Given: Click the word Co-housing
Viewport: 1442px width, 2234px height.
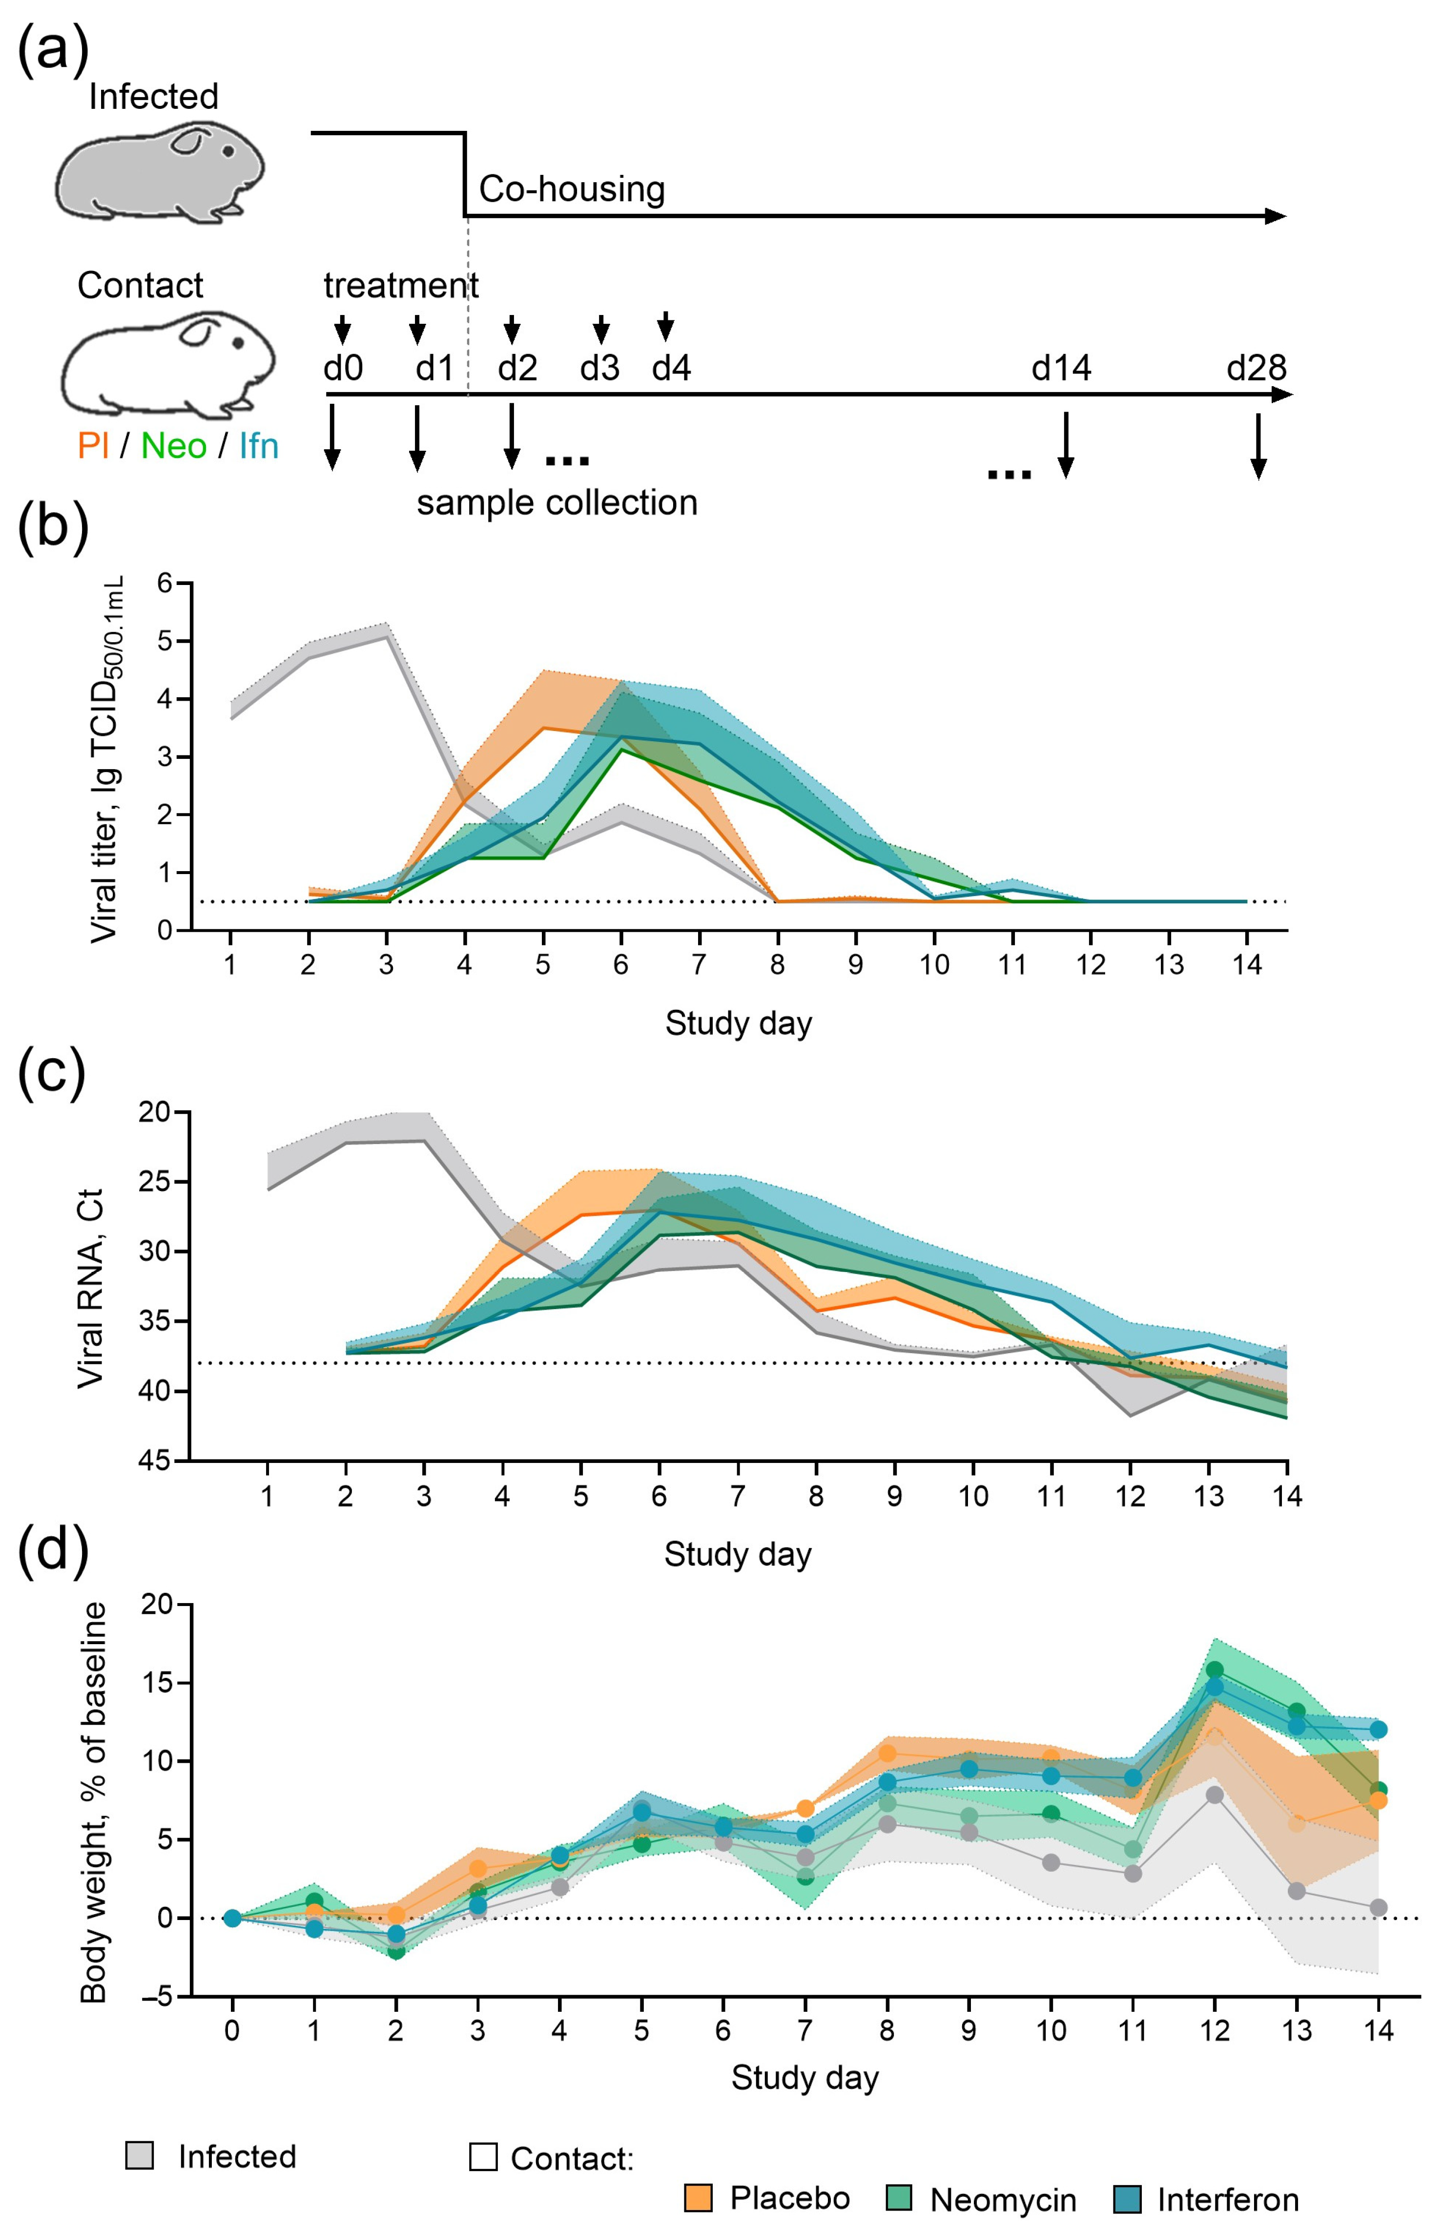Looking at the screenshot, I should [x=571, y=189].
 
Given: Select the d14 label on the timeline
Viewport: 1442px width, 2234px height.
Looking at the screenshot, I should [x=1061, y=368].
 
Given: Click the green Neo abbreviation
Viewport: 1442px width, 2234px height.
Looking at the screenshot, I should [x=173, y=446].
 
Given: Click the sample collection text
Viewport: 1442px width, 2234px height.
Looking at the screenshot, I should [x=557, y=503].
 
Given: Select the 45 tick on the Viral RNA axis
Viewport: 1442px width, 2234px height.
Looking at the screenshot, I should [x=154, y=1461].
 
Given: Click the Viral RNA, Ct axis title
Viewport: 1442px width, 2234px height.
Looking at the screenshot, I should [x=91, y=1288].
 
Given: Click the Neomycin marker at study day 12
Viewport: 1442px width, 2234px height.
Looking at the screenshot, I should [x=1215, y=1670].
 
